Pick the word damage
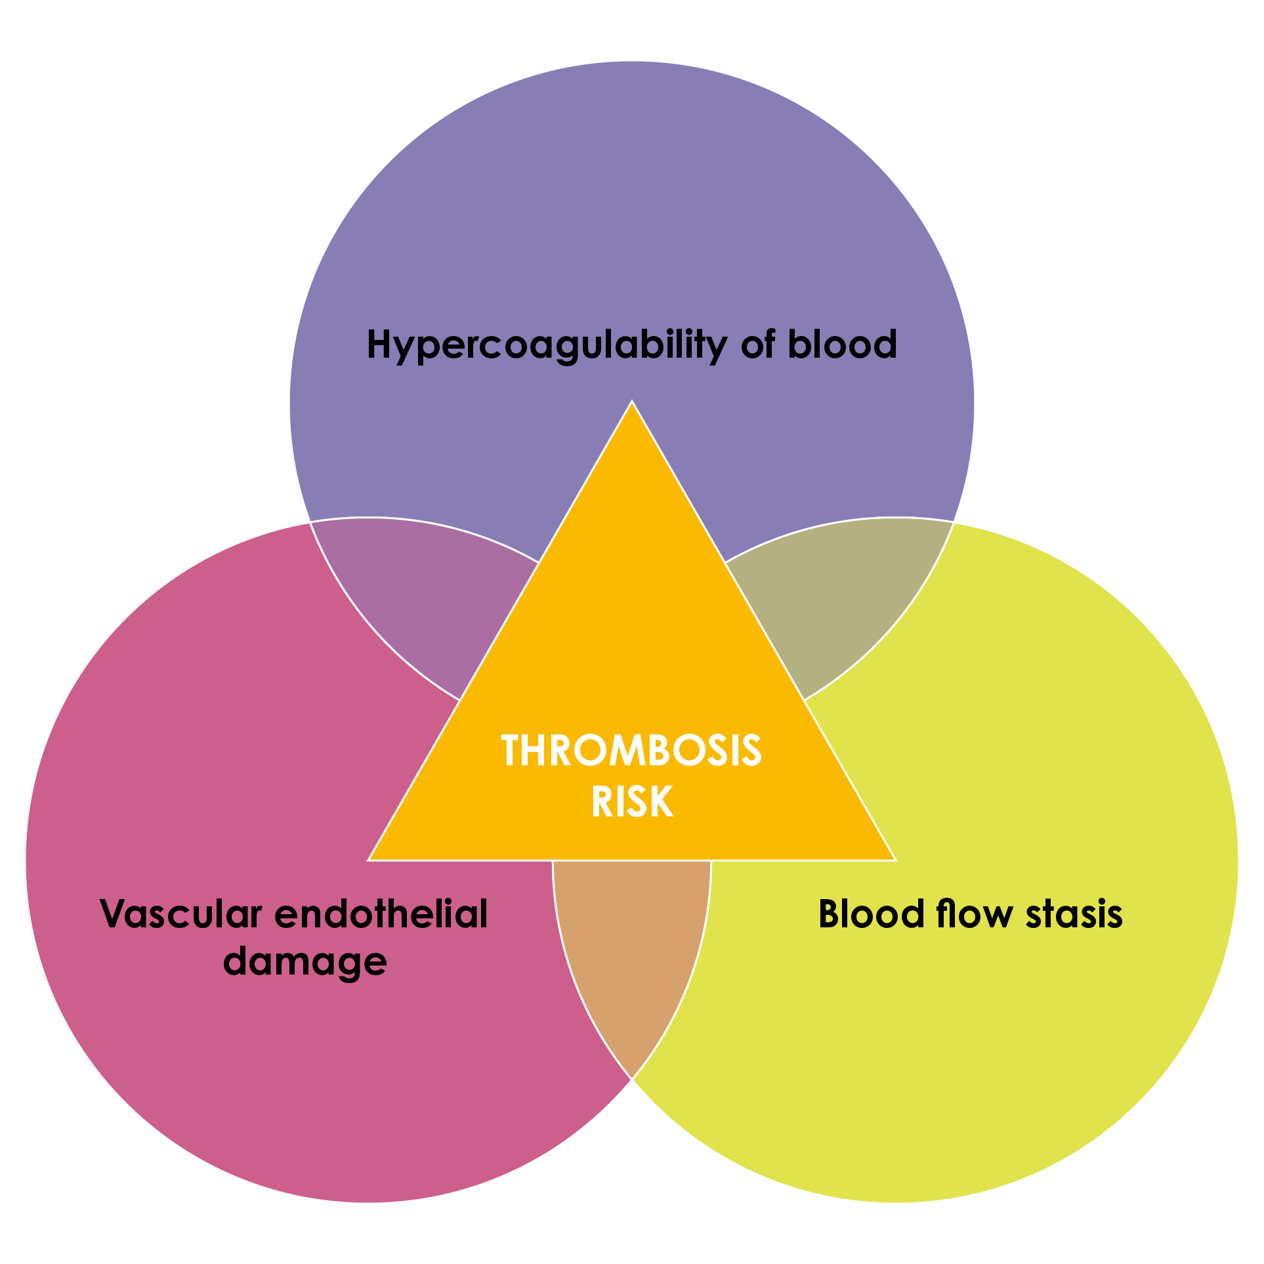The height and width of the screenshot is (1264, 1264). tap(305, 961)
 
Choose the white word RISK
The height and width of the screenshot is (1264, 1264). tap(632, 801)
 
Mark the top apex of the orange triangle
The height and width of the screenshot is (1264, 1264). tap(632, 401)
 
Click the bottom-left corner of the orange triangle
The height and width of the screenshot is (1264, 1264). tap(369, 860)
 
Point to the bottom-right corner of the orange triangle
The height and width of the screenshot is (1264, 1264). tap(895, 860)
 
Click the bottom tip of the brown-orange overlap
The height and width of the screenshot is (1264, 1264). tap(631, 1078)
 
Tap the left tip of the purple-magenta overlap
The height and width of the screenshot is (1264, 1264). tap(311, 523)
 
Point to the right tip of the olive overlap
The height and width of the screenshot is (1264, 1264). tap(953, 523)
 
